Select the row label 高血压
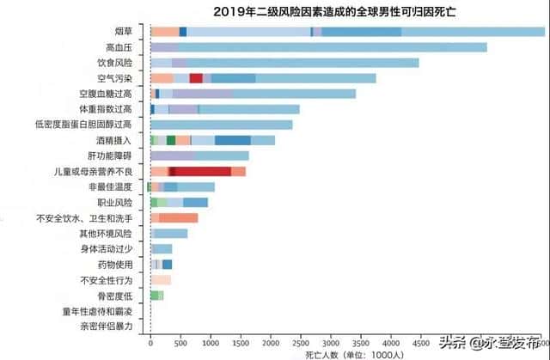click(118, 47)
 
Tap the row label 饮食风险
click(114, 63)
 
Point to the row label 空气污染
click(114, 78)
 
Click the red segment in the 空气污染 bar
click(196, 78)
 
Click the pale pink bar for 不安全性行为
click(161, 280)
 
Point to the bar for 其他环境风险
click(169, 234)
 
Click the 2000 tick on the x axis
click(271, 342)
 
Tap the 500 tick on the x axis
click(180, 342)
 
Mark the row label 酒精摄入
click(114, 140)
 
